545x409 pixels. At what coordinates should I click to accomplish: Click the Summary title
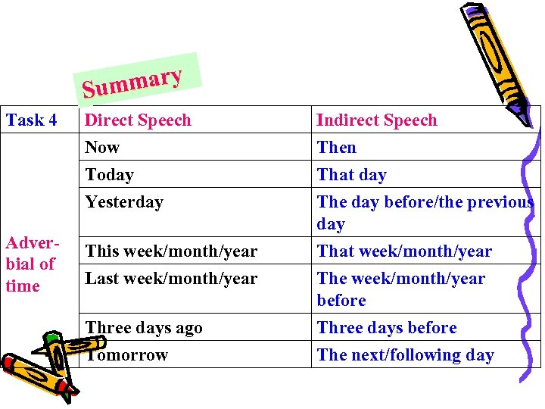pos(133,83)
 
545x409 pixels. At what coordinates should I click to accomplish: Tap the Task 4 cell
pos(32,120)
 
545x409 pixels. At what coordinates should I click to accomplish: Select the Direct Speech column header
pos(138,120)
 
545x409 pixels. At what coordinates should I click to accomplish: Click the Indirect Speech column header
pos(376,120)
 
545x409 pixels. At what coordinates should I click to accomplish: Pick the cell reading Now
pos(102,147)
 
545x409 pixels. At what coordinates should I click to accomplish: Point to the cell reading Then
pos(336,147)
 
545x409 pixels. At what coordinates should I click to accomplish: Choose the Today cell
pos(109,174)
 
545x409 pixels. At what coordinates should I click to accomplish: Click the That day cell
pos(351,174)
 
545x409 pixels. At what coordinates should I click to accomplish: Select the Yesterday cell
pos(124,201)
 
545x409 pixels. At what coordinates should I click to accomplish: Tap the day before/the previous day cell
pos(424,212)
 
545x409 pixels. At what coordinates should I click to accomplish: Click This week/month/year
pos(171,251)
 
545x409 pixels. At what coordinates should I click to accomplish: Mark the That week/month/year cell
pos(404,251)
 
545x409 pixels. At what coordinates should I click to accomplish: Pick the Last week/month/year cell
pos(171,278)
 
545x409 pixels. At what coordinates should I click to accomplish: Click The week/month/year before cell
pos(400,289)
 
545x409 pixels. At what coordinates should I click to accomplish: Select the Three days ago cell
pos(144,327)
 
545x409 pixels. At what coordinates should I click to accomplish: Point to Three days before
pos(387,327)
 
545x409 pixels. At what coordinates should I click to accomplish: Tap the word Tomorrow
pos(126,354)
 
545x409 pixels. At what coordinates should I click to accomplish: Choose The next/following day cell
pos(405,354)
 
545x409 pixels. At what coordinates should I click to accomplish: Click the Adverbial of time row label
pos(30,264)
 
